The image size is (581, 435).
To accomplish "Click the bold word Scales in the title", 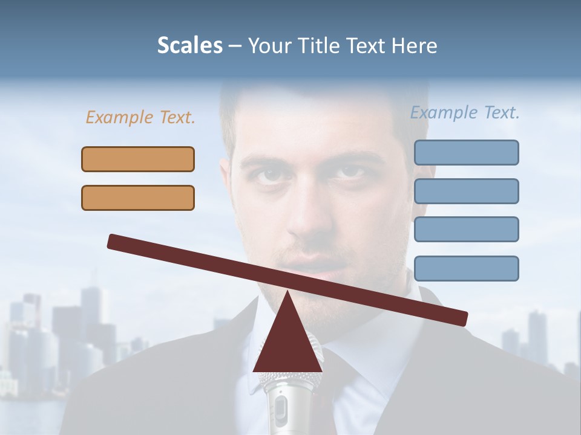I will [189, 45].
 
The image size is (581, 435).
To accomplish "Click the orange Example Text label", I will [140, 118].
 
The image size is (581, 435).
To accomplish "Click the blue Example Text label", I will [465, 113].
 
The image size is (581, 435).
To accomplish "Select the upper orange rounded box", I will [138, 159].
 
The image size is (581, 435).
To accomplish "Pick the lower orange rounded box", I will [138, 198].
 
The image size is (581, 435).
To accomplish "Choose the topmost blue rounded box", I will [466, 152].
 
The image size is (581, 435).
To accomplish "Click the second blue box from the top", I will [466, 191].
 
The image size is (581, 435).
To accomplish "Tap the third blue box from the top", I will [466, 229].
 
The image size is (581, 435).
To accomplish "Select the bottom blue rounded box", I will [466, 268].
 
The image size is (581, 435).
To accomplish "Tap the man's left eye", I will [266, 174].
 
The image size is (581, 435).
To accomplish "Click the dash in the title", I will [235, 46].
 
